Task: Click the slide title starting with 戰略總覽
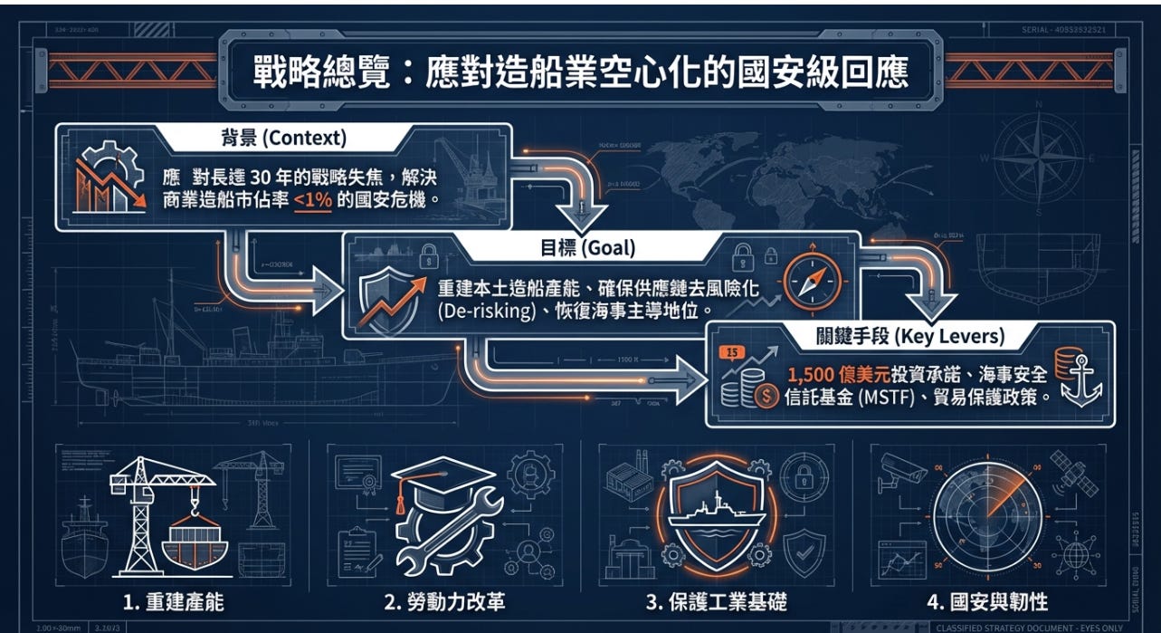[580, 72]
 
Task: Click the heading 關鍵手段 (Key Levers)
[911, 337]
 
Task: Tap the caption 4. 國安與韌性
[989, 603]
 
